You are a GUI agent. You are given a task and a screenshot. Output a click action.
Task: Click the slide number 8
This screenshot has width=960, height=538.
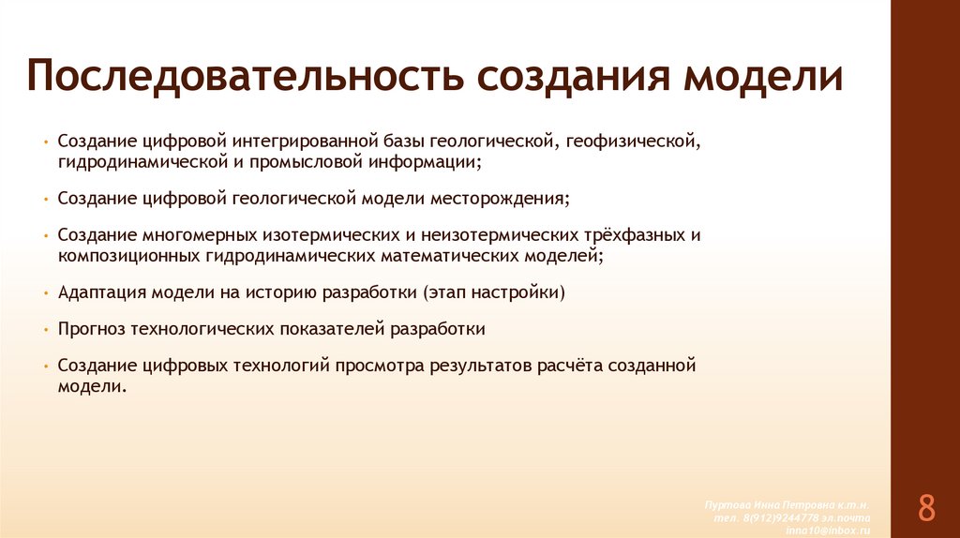click(x=926, y=508)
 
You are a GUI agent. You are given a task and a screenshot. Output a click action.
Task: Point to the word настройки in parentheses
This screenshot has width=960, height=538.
click(x=514, y=292)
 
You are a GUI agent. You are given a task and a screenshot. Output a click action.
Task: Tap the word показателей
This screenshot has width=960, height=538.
click(x=332, y=329)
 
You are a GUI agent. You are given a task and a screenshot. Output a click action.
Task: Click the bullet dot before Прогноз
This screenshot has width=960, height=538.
click(x=45, y=330)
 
